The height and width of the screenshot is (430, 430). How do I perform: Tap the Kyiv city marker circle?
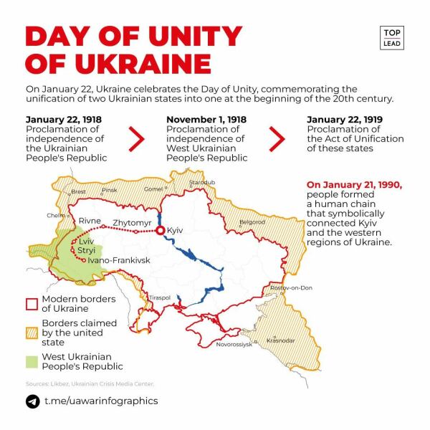click(161, 231)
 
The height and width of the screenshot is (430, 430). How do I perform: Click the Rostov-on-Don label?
click(292, 288)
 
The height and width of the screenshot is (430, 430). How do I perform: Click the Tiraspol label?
click(159, 297)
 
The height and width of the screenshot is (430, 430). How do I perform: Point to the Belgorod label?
click(252, 222)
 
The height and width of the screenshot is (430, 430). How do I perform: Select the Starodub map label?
click(202, 183)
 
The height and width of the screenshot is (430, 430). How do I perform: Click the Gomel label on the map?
click(153, 189)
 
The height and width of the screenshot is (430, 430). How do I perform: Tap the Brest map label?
click(78, 191)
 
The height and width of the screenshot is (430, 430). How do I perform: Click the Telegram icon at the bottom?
click(32, 401)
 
